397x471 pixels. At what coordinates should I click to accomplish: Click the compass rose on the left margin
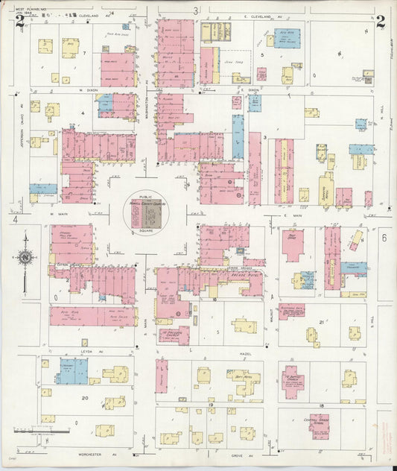pos(25,259)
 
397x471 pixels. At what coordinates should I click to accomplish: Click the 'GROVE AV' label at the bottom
pos(238,454)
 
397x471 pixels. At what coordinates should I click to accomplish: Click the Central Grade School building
pos(320,426)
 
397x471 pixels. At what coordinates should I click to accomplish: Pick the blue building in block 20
pos(74,370)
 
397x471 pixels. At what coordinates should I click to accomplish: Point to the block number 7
pos(85,53)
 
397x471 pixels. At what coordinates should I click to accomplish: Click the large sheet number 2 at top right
pos(381,20)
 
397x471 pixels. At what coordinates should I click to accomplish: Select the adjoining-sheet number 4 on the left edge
pos(14,221)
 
